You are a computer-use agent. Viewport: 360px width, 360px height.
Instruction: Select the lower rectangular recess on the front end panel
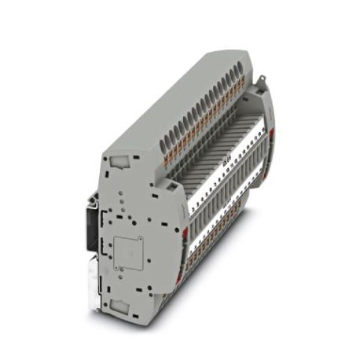click(x=125, y=305)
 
